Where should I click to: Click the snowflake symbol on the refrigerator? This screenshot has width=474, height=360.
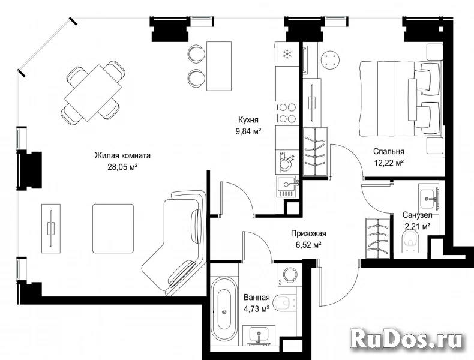point(287,55)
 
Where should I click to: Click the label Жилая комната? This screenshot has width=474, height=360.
point(122,155)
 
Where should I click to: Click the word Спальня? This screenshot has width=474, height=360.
point(388,151)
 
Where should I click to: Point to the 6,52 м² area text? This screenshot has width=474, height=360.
point(308,245)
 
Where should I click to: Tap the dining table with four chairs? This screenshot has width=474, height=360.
point(93,92)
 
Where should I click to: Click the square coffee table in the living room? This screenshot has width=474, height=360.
point(113,229)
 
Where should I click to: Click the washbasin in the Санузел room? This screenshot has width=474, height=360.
point(429,198)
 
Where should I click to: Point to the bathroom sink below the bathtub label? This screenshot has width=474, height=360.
point(259,335)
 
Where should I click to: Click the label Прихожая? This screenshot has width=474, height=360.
point(308,233)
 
